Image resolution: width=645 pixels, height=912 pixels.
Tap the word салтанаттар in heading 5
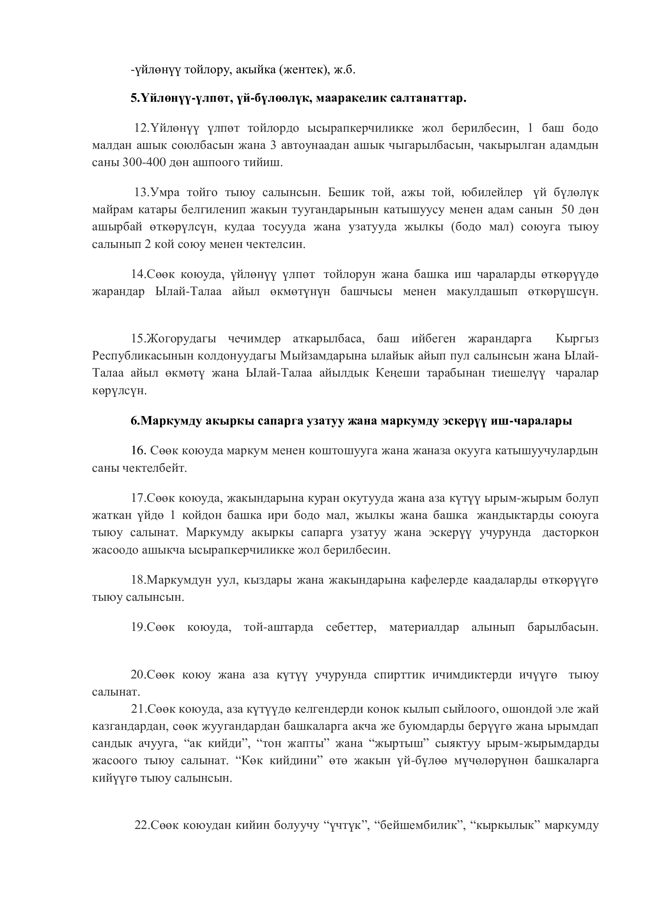[x=425, y=98]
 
